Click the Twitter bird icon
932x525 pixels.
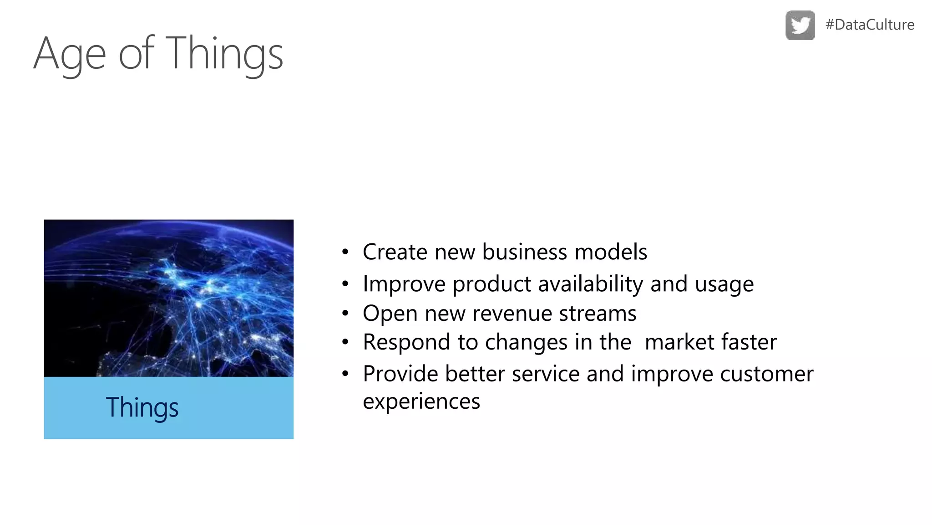coord(800,25)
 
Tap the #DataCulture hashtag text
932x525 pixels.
coord(870,25)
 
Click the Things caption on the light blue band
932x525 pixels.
coord(142,407)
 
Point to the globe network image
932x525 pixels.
coord(168,298)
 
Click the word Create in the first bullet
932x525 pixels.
coord(395,252)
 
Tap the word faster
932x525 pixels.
coord(749,342)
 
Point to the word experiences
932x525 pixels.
coord(421,401)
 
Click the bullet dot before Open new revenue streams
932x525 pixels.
coord(345,314)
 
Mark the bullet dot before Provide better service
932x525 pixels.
coord(345,374)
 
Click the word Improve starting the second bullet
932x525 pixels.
coord(404,284)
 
